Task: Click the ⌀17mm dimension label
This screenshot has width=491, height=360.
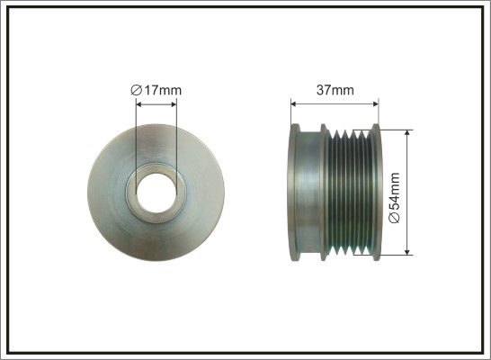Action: point(156,90)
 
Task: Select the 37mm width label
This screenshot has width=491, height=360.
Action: point(335,90)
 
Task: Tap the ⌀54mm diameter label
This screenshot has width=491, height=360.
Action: point(395,197)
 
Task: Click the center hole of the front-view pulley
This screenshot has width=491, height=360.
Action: point(156,193)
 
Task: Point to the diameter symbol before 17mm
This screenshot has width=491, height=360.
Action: point(136,90)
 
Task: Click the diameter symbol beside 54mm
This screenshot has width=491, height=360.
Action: point(395,218)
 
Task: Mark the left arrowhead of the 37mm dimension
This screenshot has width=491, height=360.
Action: point(293,103)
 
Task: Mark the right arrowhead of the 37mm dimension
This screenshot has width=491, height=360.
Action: point(376,103)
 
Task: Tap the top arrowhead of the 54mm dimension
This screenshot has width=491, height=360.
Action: point(407,133)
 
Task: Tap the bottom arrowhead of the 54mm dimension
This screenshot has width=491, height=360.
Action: point(407,252)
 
